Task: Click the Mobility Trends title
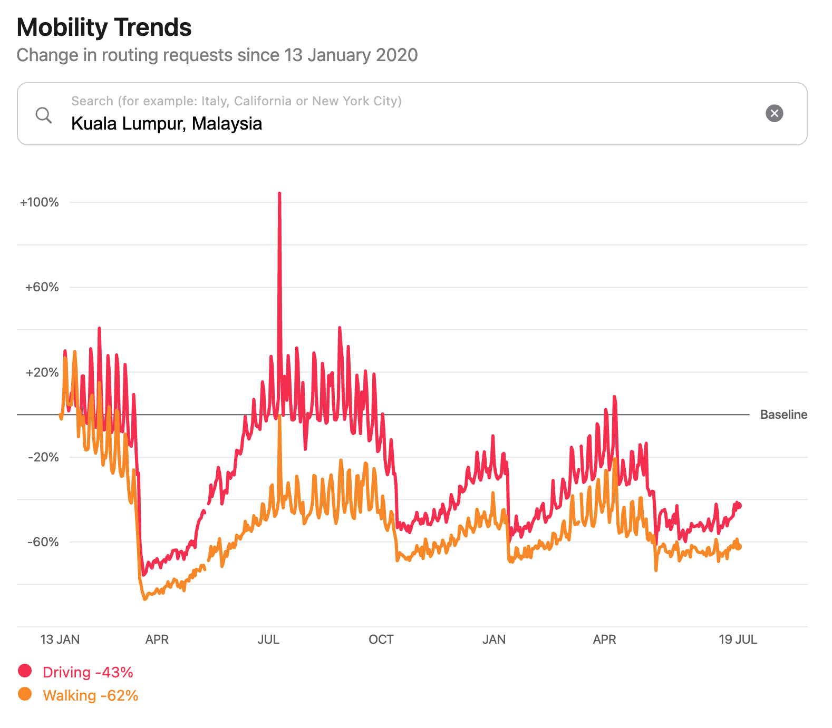pyautogui.click(x=104, y=27)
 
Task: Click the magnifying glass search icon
pyautogui.click(x=44, y=115)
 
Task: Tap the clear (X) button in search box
pyautogui.click(x=774, y=113)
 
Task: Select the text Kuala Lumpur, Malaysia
pyautogui.click(x=167, y=124)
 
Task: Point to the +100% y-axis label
pyautogui.click(x=40, y=202)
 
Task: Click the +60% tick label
pyautogui.click(x=42, y=287)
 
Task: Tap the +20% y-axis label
pyautogui.click(x=42, y=372)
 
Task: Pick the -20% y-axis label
pyautogui.click(x=43, y=457)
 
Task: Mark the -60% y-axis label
pyautogui.click(x=43, y=542)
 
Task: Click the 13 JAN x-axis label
pyautogui.click(x=60, y=640)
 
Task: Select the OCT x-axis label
pyautogui.click(x=381, y=640)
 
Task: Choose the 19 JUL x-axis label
pyautogui.click(x=738, y=640)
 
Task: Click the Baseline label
pyautogui.click(x=783, y=415)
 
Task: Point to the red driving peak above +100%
pyautogui.click(x=279, y=194)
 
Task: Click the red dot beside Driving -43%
pyautogui.click(x=25, y=671)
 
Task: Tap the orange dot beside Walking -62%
pyautogui.click(x=25, y=694)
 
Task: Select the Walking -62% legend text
pyautogui.click(x=91, y=696)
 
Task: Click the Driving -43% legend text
pyautogui.click(x=88, y=673)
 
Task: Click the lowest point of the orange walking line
pyautogui.click(x=145, y=599)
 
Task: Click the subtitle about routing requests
pyautogui.click(x=217, y=55)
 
